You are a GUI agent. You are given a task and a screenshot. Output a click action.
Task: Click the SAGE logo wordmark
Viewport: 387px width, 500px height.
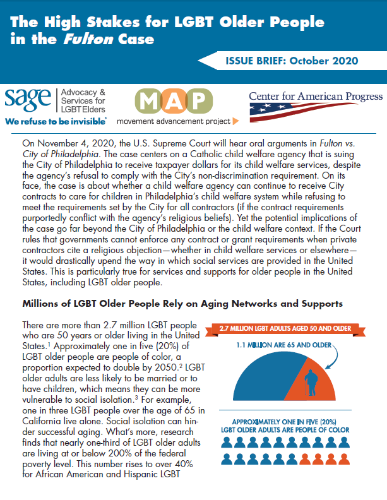(28, 98)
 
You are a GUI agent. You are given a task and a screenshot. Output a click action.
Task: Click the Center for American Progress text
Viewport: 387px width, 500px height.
(316, 96)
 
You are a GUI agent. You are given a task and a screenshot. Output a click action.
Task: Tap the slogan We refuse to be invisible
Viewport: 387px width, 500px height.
(56, 118)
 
